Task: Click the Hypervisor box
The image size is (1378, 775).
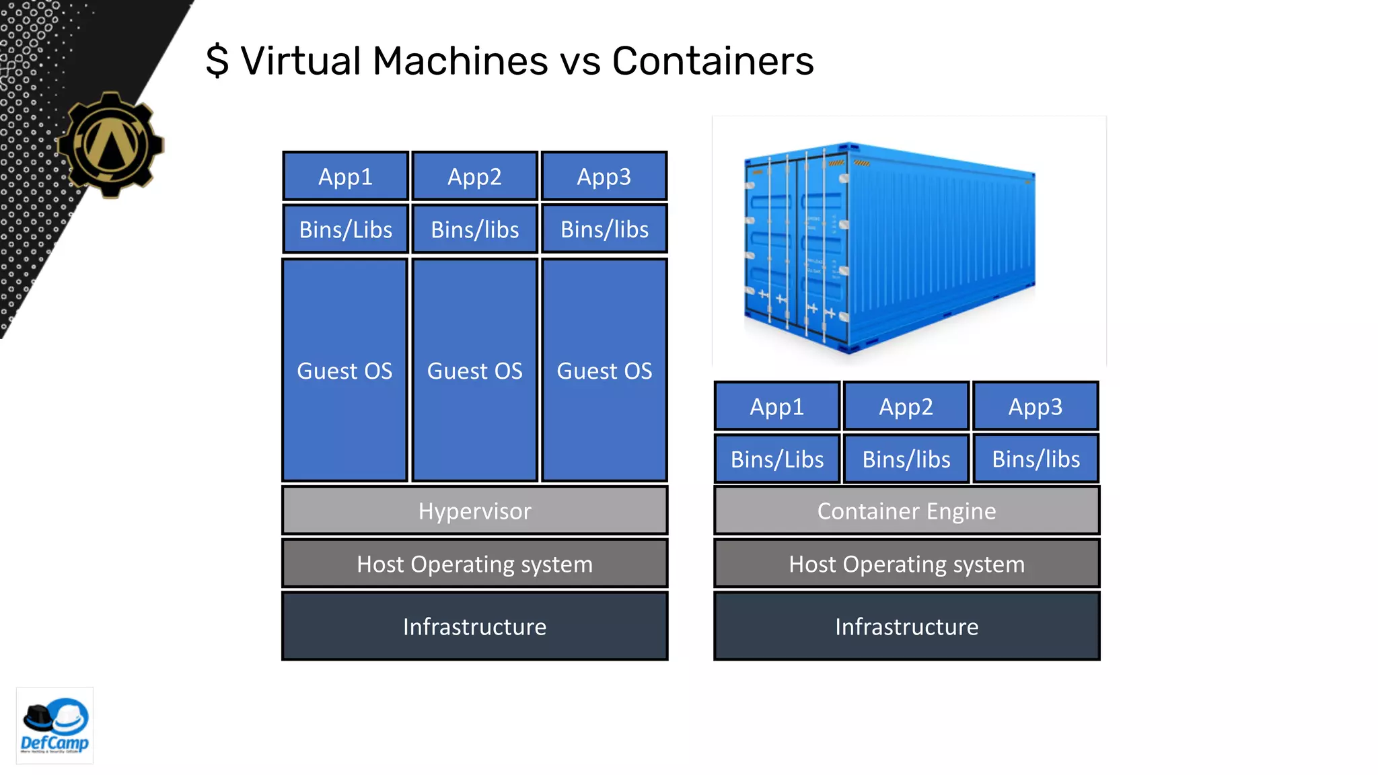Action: (x=474, y=511)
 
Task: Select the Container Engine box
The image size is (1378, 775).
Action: (x=906, y=511)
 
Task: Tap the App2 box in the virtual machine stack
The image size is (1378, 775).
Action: (x=474, y=176)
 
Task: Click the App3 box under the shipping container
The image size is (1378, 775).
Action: (x=1035, y=406)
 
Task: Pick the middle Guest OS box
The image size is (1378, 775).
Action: (x=474, y=370)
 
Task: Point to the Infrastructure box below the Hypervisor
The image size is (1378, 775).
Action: (x=474, y=626)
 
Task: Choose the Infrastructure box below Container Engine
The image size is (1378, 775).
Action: (x=906, y=626)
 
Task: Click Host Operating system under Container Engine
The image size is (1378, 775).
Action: (x=906, y=564)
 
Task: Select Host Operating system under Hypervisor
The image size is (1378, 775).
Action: (x=474, y=564)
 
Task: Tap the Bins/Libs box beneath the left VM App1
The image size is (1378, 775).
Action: (x=345, y=229)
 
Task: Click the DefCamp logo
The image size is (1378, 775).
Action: (x=55, y=726)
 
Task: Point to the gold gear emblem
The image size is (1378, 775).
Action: (x=111, y=145)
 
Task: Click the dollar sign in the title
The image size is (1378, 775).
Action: (x=217, y=61)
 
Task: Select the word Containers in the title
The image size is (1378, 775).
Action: (x=713, y=61)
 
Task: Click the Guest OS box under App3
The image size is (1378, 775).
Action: (x=604, y=370)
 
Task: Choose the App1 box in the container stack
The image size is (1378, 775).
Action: (x=776, y=406)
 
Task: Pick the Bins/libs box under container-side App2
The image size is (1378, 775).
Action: (x=906, y=459)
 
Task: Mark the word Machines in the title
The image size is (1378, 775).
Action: (x=460, y=61)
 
